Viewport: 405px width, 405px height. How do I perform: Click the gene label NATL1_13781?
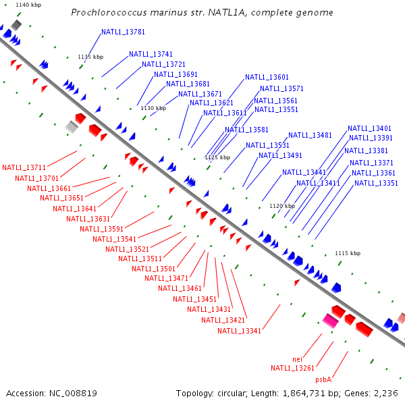tap(123, 32)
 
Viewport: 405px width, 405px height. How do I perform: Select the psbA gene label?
tap(323, 380)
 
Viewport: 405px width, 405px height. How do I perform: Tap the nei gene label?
tap(297, 358)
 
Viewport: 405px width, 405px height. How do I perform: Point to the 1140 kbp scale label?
tap(28, 5)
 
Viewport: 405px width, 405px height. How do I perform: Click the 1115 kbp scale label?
tap(348, 253)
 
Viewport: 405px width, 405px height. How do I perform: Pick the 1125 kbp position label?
tap(217, 157)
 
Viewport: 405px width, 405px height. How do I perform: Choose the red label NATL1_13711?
tap(24, 167)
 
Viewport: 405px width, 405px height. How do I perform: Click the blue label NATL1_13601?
tap(267, 77)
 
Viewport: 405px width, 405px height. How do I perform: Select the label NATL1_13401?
tap(369, 128)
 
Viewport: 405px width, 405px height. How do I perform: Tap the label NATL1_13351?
tap(376, 183)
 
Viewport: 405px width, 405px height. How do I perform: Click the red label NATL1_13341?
tap(239, 331)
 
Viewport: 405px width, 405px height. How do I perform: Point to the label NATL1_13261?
tap(292, 368)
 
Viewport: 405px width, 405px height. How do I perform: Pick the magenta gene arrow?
tap(330, 321)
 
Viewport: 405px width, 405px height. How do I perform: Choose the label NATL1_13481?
tap(310, 135)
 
